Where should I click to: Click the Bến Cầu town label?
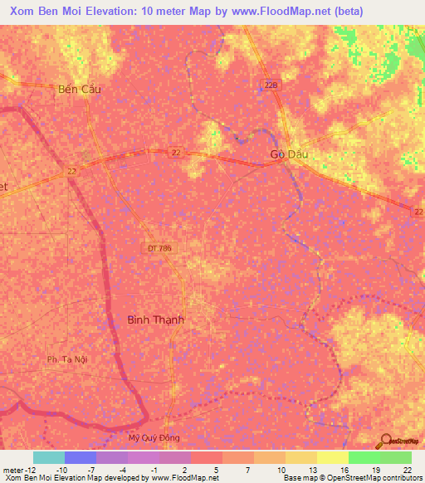80,90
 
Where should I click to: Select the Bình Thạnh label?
155,320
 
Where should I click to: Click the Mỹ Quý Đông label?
154,437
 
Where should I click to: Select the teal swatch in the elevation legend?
49,457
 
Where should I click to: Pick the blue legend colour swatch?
81,457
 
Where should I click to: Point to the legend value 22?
406,469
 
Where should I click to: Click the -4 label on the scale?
122,469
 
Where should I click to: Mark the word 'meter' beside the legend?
12,469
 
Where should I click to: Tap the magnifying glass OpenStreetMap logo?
385,441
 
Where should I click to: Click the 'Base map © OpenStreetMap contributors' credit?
351,478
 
